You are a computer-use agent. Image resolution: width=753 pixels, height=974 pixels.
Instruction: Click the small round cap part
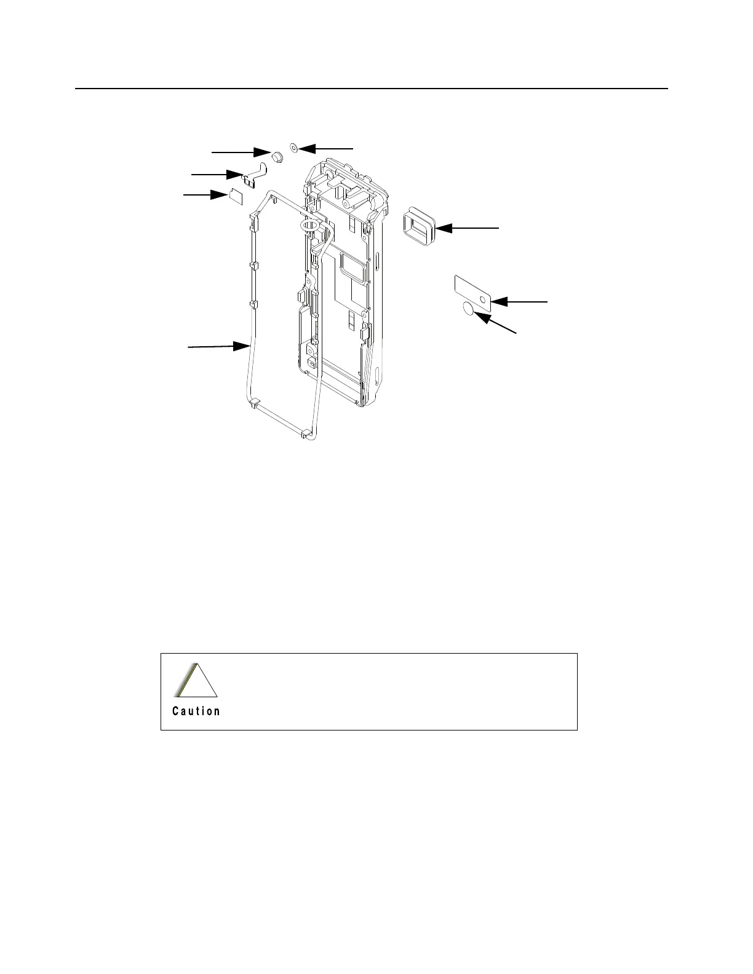[x=277, y=157]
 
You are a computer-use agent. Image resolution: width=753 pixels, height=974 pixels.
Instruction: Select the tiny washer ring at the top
[x=293, y=148]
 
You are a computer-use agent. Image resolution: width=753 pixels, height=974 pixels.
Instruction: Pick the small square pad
[x=236, y=196]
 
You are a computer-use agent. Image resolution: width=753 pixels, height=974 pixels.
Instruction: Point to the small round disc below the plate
[x=469, y=309]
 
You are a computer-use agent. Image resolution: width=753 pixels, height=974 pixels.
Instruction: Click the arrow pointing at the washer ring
[x=326, y=148]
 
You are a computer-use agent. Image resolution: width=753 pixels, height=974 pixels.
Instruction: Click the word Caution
[x=196, y=711]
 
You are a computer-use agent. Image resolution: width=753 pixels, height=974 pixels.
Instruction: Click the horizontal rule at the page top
[x=372, y=89]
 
